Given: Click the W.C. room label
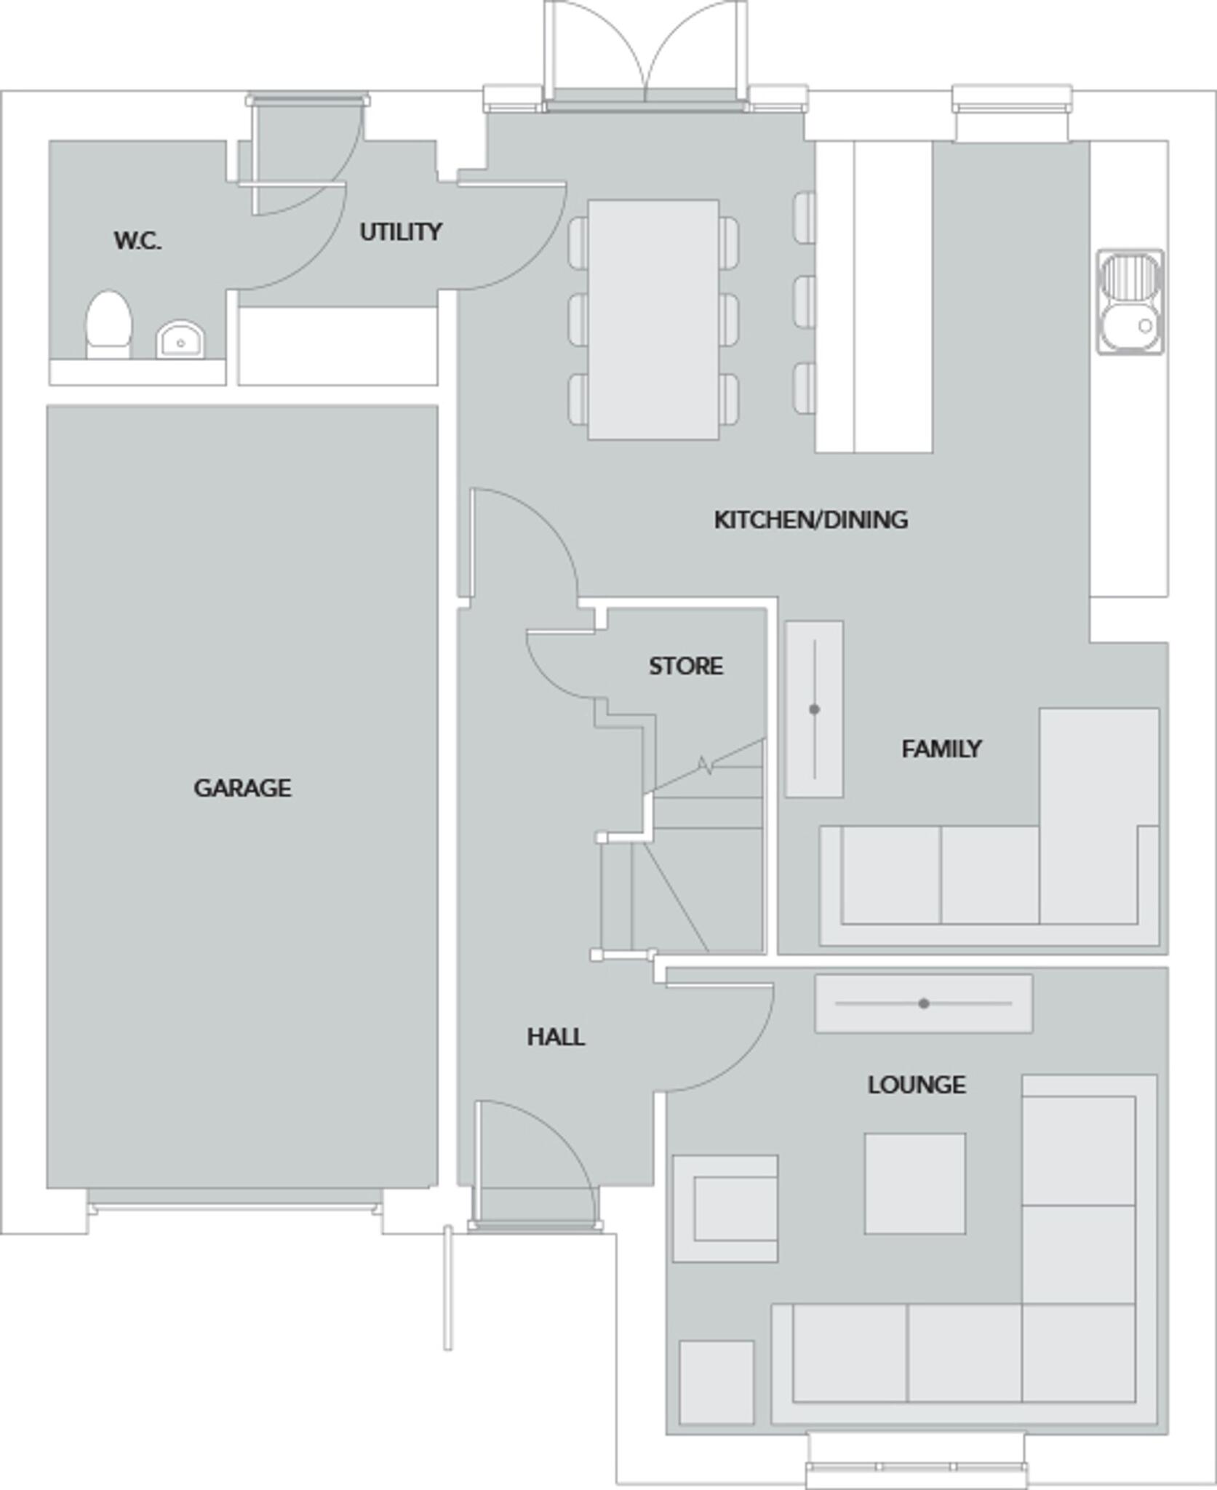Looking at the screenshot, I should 137,240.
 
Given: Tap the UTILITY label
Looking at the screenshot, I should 400,232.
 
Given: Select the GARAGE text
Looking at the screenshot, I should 242,788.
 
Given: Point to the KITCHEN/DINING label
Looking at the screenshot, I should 810,519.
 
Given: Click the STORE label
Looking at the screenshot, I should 685,666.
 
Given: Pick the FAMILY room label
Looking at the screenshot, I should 941,749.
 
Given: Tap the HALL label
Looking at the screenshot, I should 556,1037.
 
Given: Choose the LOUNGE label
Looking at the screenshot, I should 917,1085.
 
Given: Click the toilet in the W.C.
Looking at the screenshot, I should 109,325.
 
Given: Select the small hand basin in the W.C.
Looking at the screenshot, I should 180,340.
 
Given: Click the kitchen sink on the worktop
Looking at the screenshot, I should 1130,302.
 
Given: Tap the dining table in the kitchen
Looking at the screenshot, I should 653,320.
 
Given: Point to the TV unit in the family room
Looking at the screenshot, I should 814,709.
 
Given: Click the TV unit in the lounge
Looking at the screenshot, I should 923,1003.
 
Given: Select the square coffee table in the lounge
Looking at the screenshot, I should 914,1183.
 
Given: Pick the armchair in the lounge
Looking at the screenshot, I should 725,1208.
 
